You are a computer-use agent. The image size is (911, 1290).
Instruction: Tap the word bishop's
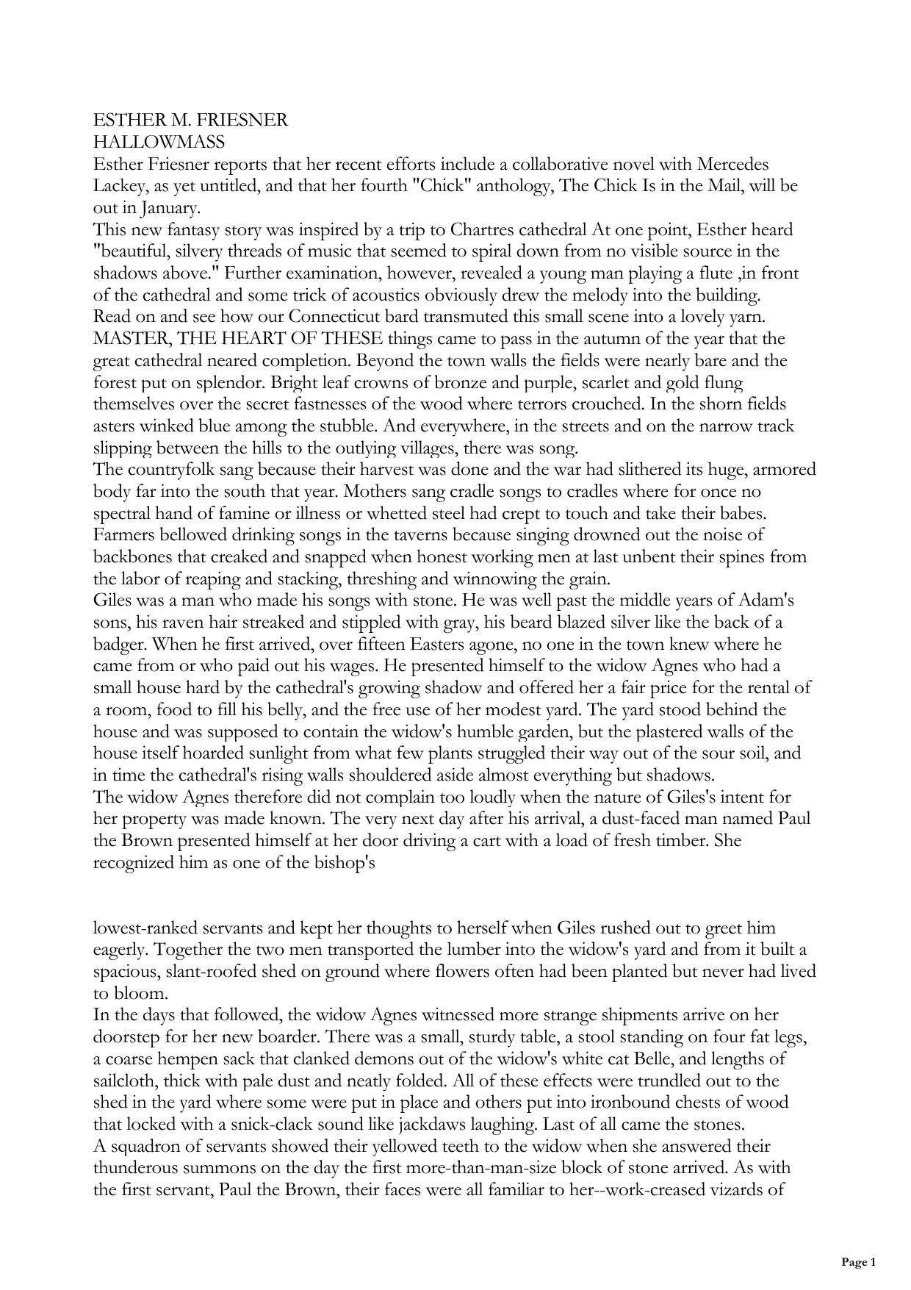[346, 862]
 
